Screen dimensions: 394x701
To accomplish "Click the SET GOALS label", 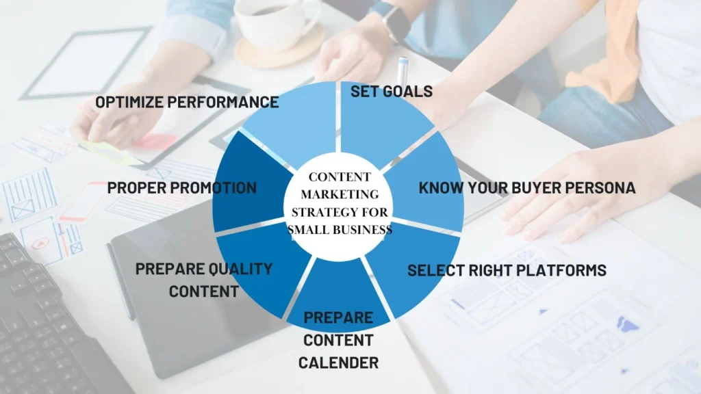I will pyautogui.click(x=392, y=92).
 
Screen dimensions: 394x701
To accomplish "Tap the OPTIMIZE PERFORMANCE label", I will pyautogui.click(x=187, y=103).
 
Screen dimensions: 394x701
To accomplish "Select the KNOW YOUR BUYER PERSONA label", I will pyautogui.click(x=527, y=187).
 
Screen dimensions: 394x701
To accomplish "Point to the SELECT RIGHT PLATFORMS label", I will pyautogui.click(x=507, y=270).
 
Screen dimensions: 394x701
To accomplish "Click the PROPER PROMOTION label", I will pyautogui.click(x=181, y=187).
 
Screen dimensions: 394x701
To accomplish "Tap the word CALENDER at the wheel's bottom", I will pyautogui.click(x=338, y=362).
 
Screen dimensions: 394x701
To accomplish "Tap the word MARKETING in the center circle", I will pyautogui.click(x=338, y=194).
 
